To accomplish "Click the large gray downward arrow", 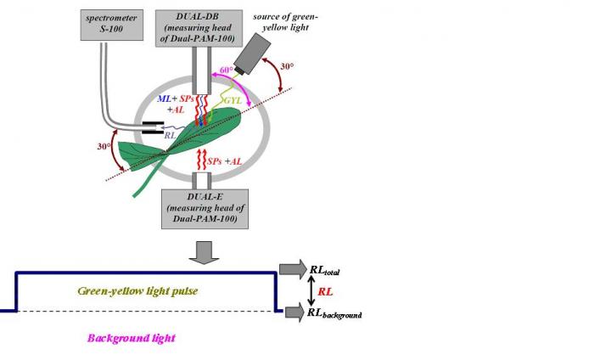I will click(x=204, y=252).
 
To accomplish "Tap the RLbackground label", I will click(x=336, y=312).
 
